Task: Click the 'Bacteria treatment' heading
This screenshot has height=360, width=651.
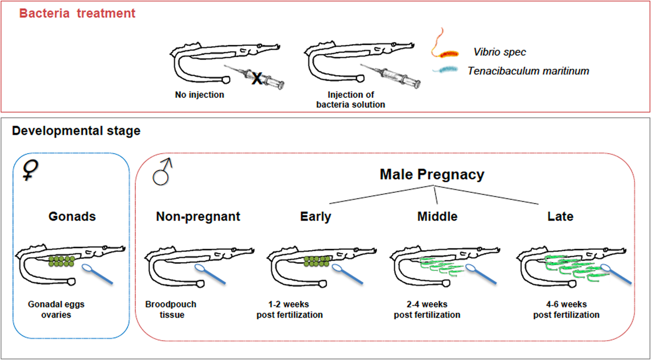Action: point(78,14)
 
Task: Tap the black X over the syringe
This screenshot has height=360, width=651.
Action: point(256,79)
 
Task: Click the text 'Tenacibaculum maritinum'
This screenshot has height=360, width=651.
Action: point(528,71)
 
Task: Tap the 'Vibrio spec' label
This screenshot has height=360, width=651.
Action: point(499,52)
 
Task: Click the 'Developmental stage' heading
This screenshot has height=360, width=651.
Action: point(76,131)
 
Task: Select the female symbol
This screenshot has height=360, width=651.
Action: point(31,170)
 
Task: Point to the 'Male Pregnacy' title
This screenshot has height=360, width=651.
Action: point(432,175)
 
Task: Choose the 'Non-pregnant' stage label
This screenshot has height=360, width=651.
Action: point(198,216)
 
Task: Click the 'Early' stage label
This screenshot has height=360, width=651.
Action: point(315,216)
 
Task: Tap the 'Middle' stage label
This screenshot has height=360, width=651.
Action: point(437,216)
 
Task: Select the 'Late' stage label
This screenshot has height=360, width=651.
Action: point(560,216)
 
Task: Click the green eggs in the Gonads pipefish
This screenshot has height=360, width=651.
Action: point(62,260)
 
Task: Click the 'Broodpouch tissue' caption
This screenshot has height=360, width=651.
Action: point(171,309)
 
